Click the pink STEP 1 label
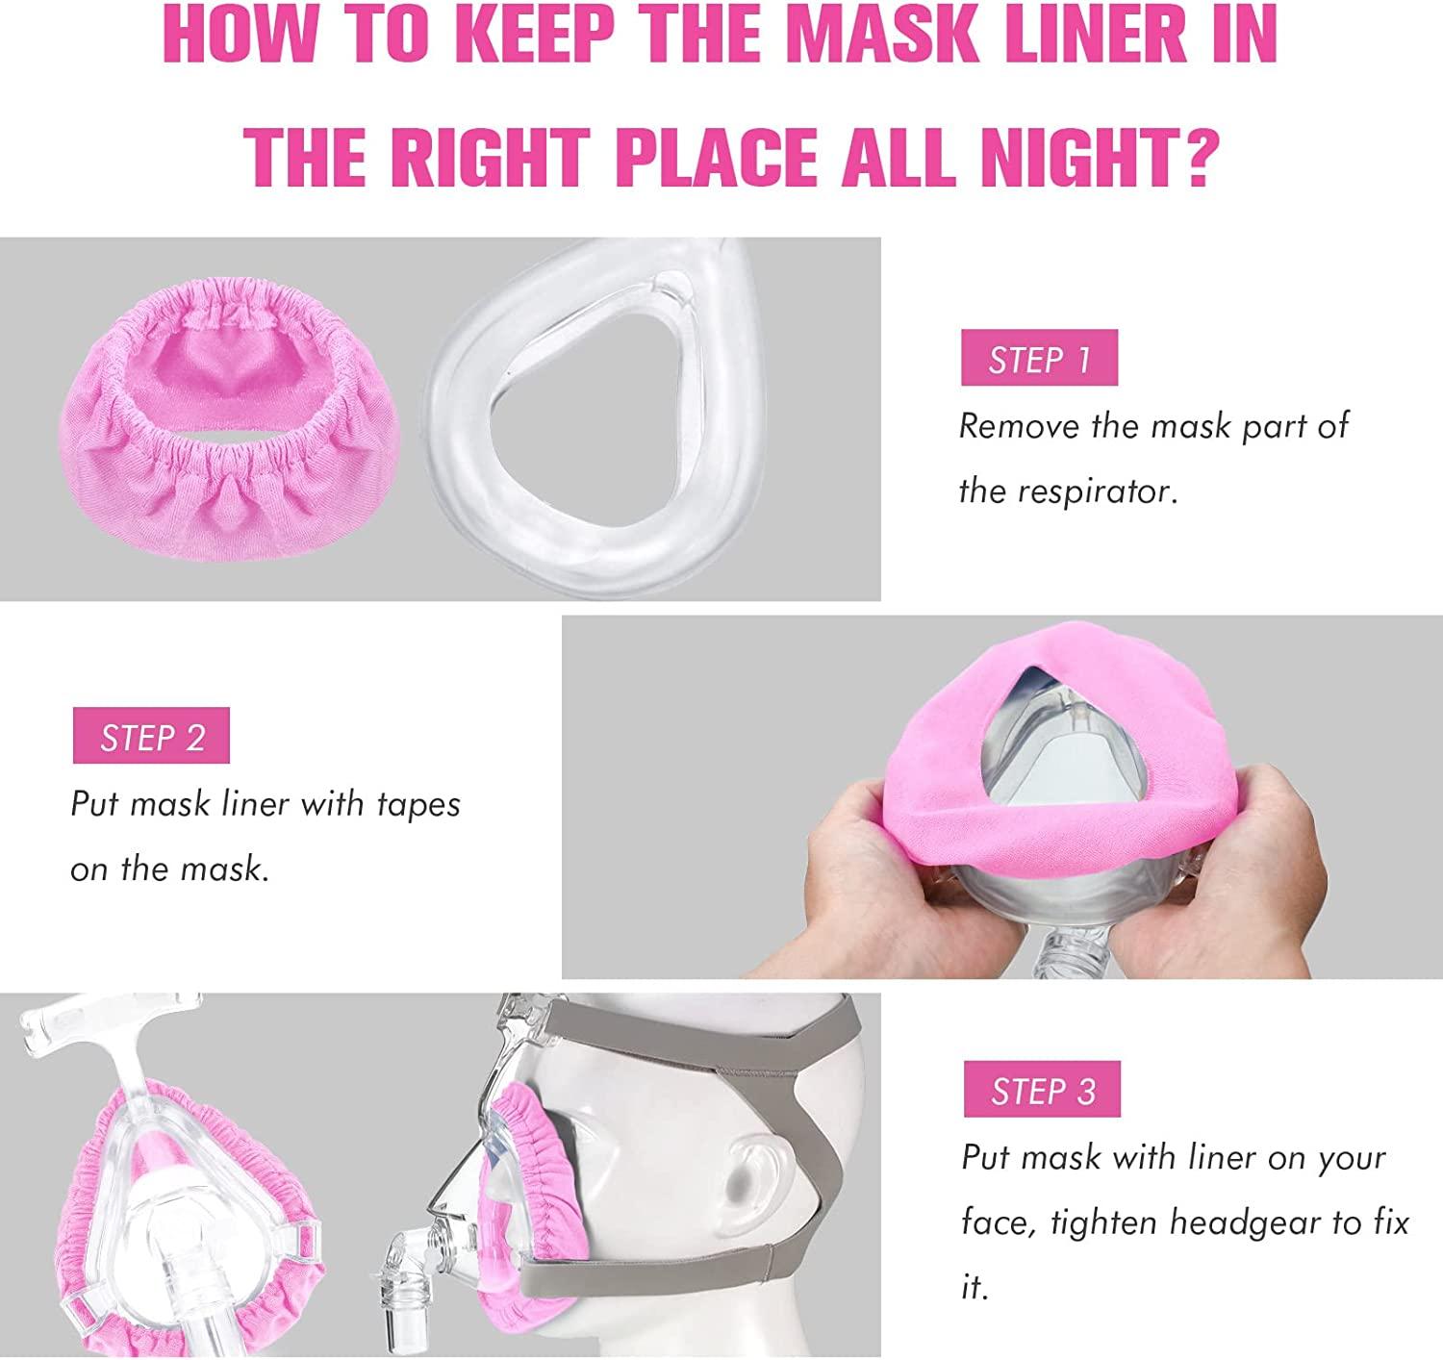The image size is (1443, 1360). coord(1039,358)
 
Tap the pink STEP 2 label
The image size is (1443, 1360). coord(151,736)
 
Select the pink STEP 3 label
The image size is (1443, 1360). coord(1042,1090)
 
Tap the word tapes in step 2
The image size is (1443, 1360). coord(417,804)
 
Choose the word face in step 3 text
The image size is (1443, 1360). coord(998,1223)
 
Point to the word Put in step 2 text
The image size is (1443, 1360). coord(94,804)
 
